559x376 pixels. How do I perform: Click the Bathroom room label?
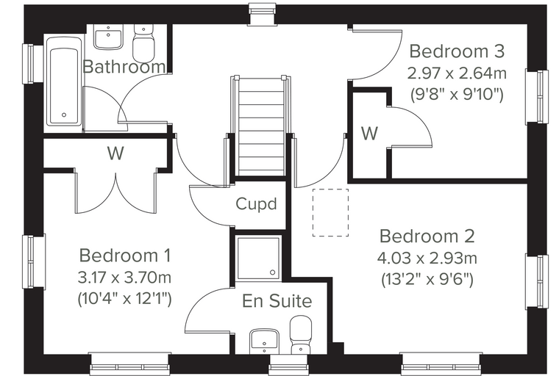(x=124, y=67)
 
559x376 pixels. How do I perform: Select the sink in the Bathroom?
(x=107, y=37)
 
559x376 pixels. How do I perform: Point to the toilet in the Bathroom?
(x=143, y=43)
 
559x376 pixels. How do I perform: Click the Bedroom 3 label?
(x=457, y=51)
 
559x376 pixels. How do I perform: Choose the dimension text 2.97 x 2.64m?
(x=457, y=73)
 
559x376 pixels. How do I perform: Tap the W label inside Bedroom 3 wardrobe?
(x=369, y=134)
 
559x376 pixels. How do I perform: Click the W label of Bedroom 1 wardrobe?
(x=115, y=153)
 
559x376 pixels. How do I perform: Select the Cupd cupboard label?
(x=256, y=204)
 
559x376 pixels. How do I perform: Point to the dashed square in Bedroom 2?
(x=330, y=212)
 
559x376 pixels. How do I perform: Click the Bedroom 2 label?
(x=427, y=236)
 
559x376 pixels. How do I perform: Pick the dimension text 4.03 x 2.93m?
(x=427, y=258)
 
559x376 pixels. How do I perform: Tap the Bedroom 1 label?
(x=125, y=256)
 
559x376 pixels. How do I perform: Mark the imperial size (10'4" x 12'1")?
(x=125, y=299)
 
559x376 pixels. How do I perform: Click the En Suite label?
(x=277, y=301)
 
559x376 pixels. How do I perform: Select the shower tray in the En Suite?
(x=258, y=258)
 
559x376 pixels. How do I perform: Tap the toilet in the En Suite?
(x=301, y=335)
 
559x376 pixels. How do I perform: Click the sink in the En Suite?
(x=264, y=340)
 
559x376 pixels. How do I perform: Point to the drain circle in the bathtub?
(x=64, y=115)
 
